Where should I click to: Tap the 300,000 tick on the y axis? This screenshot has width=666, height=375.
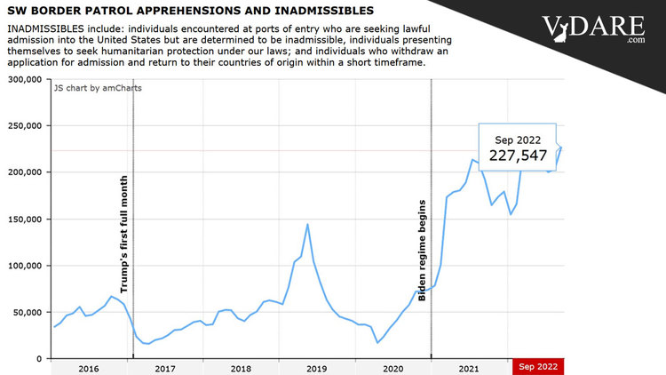(26, 79)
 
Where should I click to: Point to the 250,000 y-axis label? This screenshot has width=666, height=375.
(26, 126)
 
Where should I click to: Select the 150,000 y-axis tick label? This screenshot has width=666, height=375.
(26, 219)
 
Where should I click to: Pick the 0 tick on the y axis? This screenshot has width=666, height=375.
(41, 358)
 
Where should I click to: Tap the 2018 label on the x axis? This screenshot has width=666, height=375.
(241, 367)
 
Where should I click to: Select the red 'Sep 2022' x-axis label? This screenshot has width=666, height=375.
(538, 367)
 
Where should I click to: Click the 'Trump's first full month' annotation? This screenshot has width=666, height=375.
(123, 235)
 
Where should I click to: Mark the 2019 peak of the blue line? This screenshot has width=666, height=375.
(307, 224)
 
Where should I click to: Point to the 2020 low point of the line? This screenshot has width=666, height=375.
(377, 342)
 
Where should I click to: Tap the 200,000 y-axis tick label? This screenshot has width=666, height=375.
(26, 172)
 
